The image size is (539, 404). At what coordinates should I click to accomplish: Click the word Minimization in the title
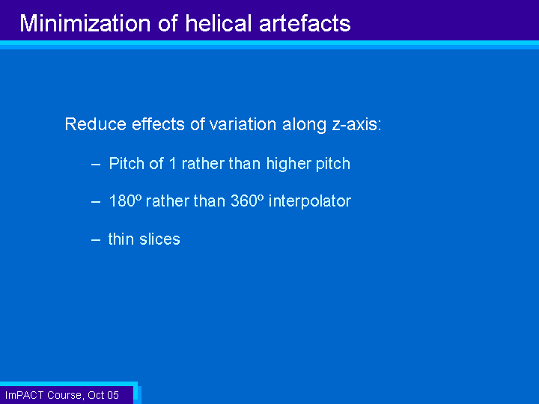point(85,23)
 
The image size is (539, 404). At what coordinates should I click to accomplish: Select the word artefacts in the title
point(305,23)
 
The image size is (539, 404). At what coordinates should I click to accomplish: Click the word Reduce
point(96,124)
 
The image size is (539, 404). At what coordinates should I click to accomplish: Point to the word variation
point(243,124)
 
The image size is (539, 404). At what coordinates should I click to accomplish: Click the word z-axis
point(356,125)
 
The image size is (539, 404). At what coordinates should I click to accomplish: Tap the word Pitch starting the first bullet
point(127,164)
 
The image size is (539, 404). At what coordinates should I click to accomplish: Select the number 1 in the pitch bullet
point(173,164)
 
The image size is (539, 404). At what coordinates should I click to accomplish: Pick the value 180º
point(125,201)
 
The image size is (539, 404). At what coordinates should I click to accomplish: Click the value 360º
point(247,201)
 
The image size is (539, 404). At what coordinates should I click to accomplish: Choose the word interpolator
point(310,201)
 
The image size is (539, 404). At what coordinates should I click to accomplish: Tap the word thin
point(121,239)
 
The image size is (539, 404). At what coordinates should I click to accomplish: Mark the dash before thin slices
point(96,240)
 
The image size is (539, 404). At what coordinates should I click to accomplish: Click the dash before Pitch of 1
point(96,165)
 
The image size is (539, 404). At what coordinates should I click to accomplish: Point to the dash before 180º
point(96,202)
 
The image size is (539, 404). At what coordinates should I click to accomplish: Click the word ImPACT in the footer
point(25,395)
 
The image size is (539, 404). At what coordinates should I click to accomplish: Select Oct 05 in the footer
point(103,395)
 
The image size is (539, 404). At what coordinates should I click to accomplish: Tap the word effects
point(159,124)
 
